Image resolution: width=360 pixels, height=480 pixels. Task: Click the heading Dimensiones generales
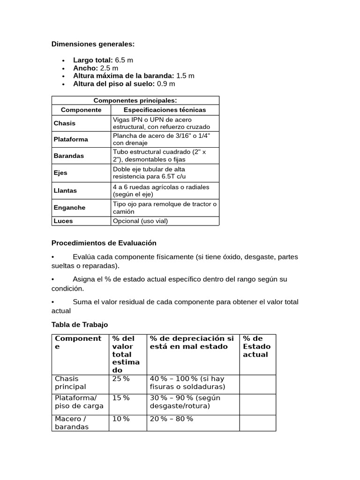pyautogui.click(x=93, y=44)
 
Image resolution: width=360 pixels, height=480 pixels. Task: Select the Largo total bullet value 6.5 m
pyautogui.click(x=124, y=60)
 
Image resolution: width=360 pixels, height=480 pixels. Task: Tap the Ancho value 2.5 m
pyautogui.click(x=109, y=68)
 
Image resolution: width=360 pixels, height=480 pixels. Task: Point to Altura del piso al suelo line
pyautogui.click(x=124, y=84)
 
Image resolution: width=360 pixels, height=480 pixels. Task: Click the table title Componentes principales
pyautogui.click(x=135, y=100)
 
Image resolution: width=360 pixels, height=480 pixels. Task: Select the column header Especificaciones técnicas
pyautogui.click(x=165, y=110)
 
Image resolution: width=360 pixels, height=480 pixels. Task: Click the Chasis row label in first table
pyautogui.click(x=65, y=123)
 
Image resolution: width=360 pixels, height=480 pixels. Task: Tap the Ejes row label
pyautogui.click(x=60, y=172)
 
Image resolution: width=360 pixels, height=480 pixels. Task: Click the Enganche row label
pyautogui.click(x=69, y=208)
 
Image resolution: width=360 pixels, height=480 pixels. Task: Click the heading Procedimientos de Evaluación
pyautogui.click(x=104, y=243)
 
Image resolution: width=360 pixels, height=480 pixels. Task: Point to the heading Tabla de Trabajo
pyautogui.click(x=79, y=324)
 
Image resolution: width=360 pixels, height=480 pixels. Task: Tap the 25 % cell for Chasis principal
pyautogui.click(x=121, y=379)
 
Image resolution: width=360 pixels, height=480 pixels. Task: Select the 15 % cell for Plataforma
pyautogui.click(x=121, y=398)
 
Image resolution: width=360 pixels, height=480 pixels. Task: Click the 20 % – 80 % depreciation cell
pyautogui.click(x=171, y=419)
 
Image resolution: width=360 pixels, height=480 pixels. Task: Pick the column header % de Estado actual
pyautogui.click(x=256, y=346)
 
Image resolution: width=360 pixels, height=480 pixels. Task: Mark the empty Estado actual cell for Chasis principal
pyautogui.click(x=257, y=383)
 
